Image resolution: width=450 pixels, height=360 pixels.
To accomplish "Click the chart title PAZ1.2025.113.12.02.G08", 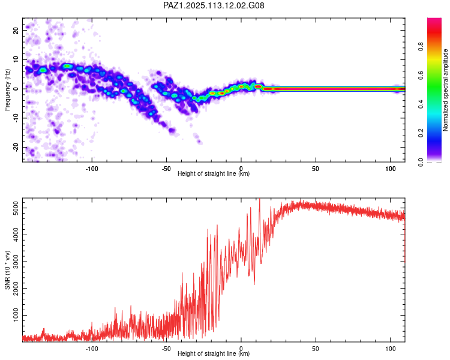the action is [214, 5].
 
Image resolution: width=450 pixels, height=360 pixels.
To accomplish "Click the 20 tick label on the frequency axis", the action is [16, 30].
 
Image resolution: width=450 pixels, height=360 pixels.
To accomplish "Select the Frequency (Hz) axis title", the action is [7, 89].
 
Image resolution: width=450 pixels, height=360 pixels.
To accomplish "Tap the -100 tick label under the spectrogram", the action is [92, 169].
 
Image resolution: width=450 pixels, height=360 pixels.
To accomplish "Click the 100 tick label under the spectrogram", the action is [391, 169].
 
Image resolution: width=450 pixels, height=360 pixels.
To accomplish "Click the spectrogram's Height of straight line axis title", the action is [214, 173].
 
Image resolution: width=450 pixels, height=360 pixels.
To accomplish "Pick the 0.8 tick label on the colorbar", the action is [421, 46].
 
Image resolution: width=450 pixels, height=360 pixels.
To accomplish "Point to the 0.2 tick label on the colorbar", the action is [421, 133].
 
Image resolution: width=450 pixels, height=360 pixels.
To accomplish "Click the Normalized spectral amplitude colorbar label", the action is [445, 90].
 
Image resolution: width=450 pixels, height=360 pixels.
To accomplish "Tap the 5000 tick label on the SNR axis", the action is [16, 208].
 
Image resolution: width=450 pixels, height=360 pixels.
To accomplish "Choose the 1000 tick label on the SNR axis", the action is [16, 315].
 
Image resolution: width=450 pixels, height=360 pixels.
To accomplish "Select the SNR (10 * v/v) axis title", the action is [7, 270].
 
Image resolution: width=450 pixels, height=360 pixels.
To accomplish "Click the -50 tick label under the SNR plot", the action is [166, 349].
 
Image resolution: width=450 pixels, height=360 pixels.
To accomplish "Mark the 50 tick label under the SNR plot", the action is [316, 349].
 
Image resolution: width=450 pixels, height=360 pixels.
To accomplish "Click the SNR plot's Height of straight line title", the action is [214, 353].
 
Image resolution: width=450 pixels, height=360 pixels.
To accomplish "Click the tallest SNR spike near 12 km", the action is [259, 199].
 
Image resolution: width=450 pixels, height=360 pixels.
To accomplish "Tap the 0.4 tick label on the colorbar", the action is [421, 104].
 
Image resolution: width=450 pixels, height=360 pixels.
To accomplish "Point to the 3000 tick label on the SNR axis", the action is [16, 262].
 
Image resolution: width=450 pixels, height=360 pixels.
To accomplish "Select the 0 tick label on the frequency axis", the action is [16, 89].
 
